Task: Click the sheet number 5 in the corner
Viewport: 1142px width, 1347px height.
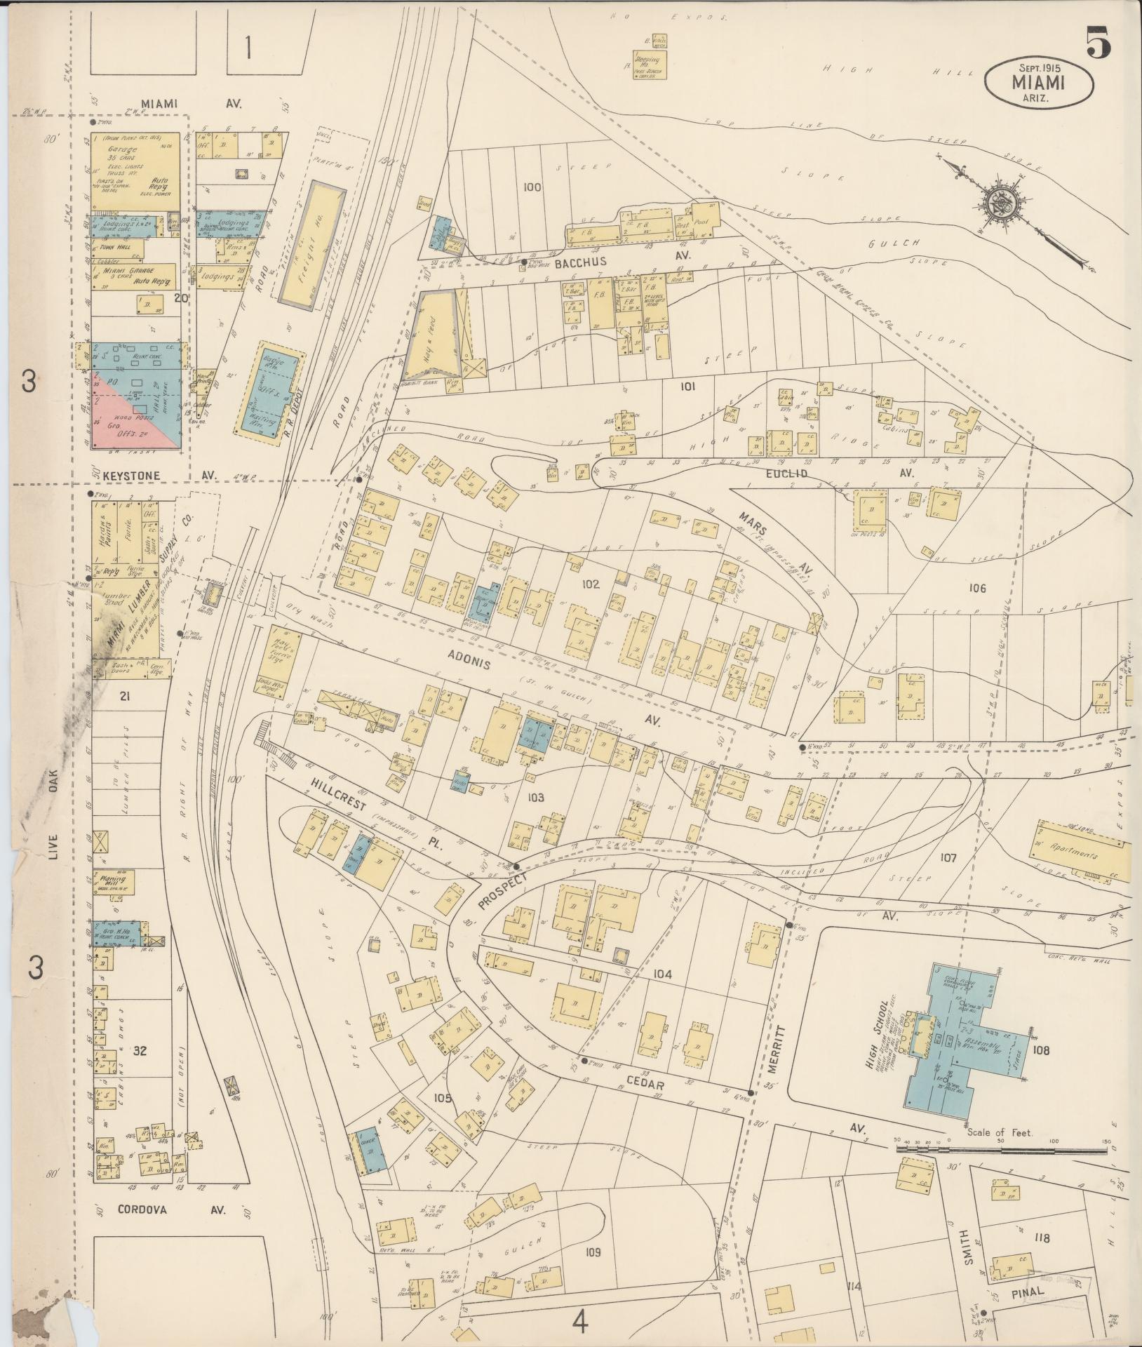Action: coord(1099,43)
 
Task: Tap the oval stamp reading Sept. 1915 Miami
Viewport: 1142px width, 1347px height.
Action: coord(1039,83)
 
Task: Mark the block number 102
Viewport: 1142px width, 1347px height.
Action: coord(591,584)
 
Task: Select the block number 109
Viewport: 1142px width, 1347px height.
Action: coord(593,1253)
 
